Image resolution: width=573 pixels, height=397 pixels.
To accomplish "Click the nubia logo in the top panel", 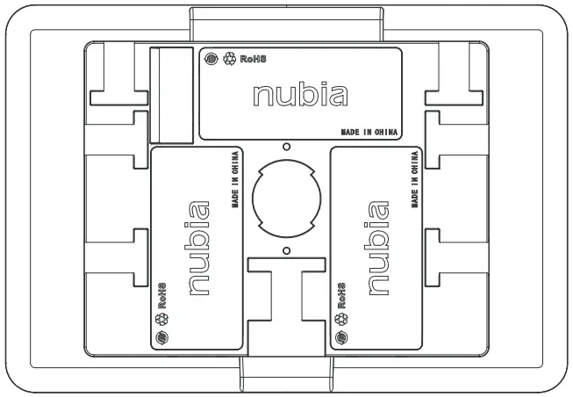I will (300, 95).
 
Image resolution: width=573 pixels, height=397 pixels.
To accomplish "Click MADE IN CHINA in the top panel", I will (369, 132).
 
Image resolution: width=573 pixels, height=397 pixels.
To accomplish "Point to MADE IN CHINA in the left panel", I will (235, 182).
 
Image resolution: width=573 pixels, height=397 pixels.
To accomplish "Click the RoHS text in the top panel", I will (251, 60).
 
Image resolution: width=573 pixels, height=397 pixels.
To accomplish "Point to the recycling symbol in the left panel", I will (161, 319).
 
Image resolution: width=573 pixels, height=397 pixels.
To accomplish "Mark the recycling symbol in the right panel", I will (341, 319).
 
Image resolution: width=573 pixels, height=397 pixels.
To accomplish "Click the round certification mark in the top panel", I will (211, 60).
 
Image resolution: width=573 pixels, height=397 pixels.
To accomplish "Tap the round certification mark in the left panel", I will (161, 337).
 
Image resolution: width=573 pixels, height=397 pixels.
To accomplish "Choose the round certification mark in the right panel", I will (341, 337).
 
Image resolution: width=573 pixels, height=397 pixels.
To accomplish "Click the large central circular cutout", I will (286, 198).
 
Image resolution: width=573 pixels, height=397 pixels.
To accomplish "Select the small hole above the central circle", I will (286, 147).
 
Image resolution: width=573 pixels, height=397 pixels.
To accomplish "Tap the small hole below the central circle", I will (286, 250).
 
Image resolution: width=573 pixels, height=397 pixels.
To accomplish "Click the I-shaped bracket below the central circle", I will (286, 299).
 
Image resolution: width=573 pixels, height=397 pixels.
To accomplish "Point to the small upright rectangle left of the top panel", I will (171, 95).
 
